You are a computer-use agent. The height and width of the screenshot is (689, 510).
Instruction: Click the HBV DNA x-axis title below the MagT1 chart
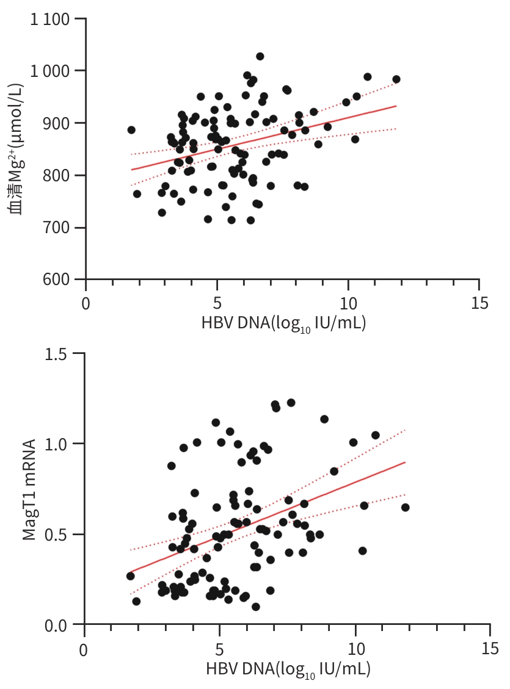click(x=288, y=669)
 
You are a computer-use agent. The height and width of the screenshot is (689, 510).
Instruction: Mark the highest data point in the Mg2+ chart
click(x=260, y=57)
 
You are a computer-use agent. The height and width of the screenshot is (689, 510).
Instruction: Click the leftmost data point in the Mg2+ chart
click(x=131, y=130)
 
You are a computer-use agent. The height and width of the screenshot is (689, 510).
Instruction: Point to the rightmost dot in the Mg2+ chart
click(x=396, y=79)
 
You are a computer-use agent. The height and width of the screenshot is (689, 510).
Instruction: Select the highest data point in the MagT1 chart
click(x=291, y=403)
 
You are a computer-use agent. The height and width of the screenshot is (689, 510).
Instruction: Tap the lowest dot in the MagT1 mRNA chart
click(x=256, y=607)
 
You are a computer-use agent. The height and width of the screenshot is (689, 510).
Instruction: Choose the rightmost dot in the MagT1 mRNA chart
click(x=405, y=507)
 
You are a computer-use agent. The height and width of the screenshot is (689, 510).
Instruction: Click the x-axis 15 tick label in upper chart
click(x=479, y=303)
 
